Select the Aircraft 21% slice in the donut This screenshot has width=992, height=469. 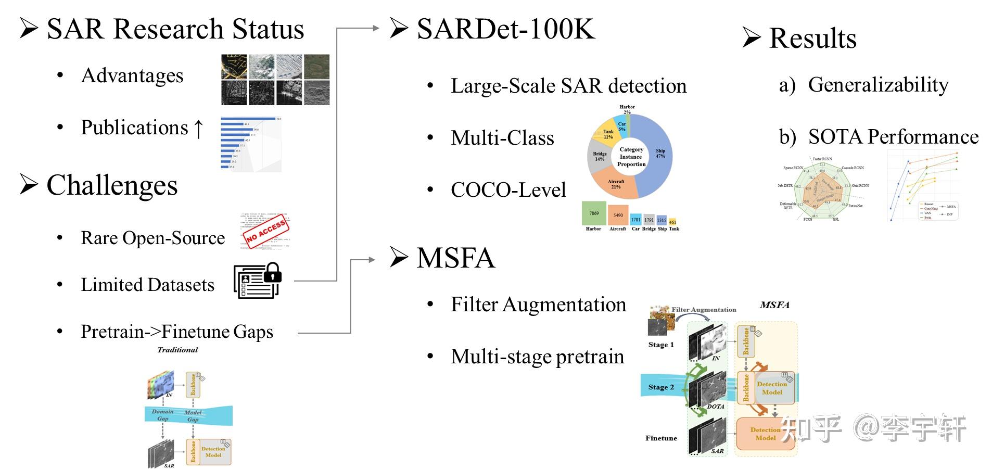tap(616, 185)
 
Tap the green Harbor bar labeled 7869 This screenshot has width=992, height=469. tap(593, 213)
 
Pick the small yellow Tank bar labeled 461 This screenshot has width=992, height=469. tap(673, 222)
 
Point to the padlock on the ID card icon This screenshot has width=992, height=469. tap(272, 272)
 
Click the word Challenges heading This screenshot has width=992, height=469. tap(112, 185)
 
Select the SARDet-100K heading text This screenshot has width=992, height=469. tap(505, 29)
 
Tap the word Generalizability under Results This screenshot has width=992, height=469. tap(878, 84)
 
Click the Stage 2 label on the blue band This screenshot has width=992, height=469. tap(660, 387)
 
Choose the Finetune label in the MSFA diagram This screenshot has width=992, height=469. tap(661, 438)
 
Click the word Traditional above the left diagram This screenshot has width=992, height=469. tap(177, 350)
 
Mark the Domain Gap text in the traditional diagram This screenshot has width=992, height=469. tap(162, 415)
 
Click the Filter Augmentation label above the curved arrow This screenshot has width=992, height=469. tap(704, 310)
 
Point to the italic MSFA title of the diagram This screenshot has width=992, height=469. tap(774, 305)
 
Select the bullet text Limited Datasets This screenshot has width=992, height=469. tap(147, 285)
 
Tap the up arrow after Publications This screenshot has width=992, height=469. tap(198, 128)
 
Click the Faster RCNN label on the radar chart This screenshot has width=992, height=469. tap(822, 159)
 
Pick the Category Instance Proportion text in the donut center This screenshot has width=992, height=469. tap(631, 157)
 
